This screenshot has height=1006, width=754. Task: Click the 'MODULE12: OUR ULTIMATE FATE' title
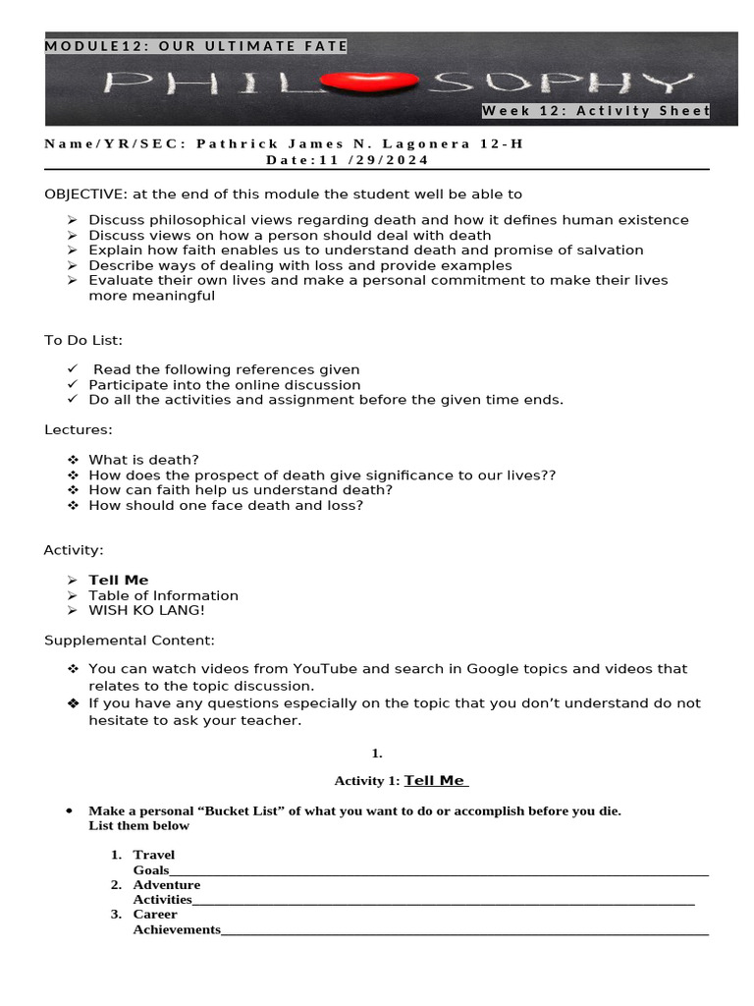196,46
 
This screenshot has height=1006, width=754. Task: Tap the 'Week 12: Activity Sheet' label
595,111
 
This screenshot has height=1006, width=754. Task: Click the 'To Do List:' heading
83,340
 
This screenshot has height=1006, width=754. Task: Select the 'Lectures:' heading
79,430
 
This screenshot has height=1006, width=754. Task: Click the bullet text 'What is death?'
143,460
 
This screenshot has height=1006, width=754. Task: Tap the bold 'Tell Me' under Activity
119,581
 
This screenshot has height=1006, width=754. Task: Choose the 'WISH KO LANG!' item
146,610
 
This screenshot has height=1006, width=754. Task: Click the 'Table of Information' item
163,595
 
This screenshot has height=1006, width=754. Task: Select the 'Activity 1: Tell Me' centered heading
401,780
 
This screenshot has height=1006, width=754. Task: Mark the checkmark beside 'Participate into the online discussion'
73,385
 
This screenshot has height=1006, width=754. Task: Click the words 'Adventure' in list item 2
167,885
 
